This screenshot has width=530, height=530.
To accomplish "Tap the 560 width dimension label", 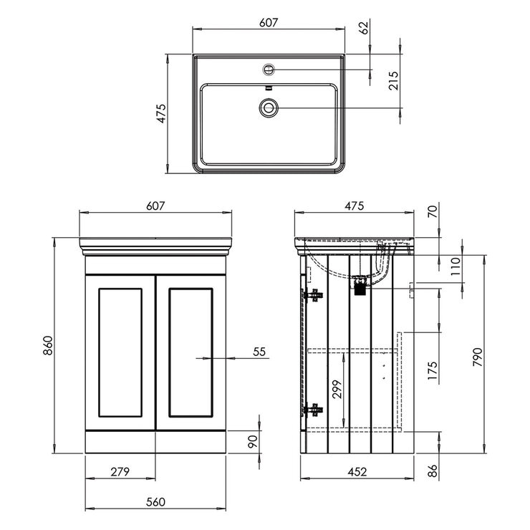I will coord(156,501).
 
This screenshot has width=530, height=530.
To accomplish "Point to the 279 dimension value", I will coord(120,471).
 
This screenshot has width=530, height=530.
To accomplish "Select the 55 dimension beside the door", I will coord(259,351).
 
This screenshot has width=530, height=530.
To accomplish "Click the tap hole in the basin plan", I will coord(269,69).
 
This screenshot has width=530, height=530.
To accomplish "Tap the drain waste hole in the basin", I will coord(269,107).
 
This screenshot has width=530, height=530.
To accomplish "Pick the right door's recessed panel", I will coord(191,352).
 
